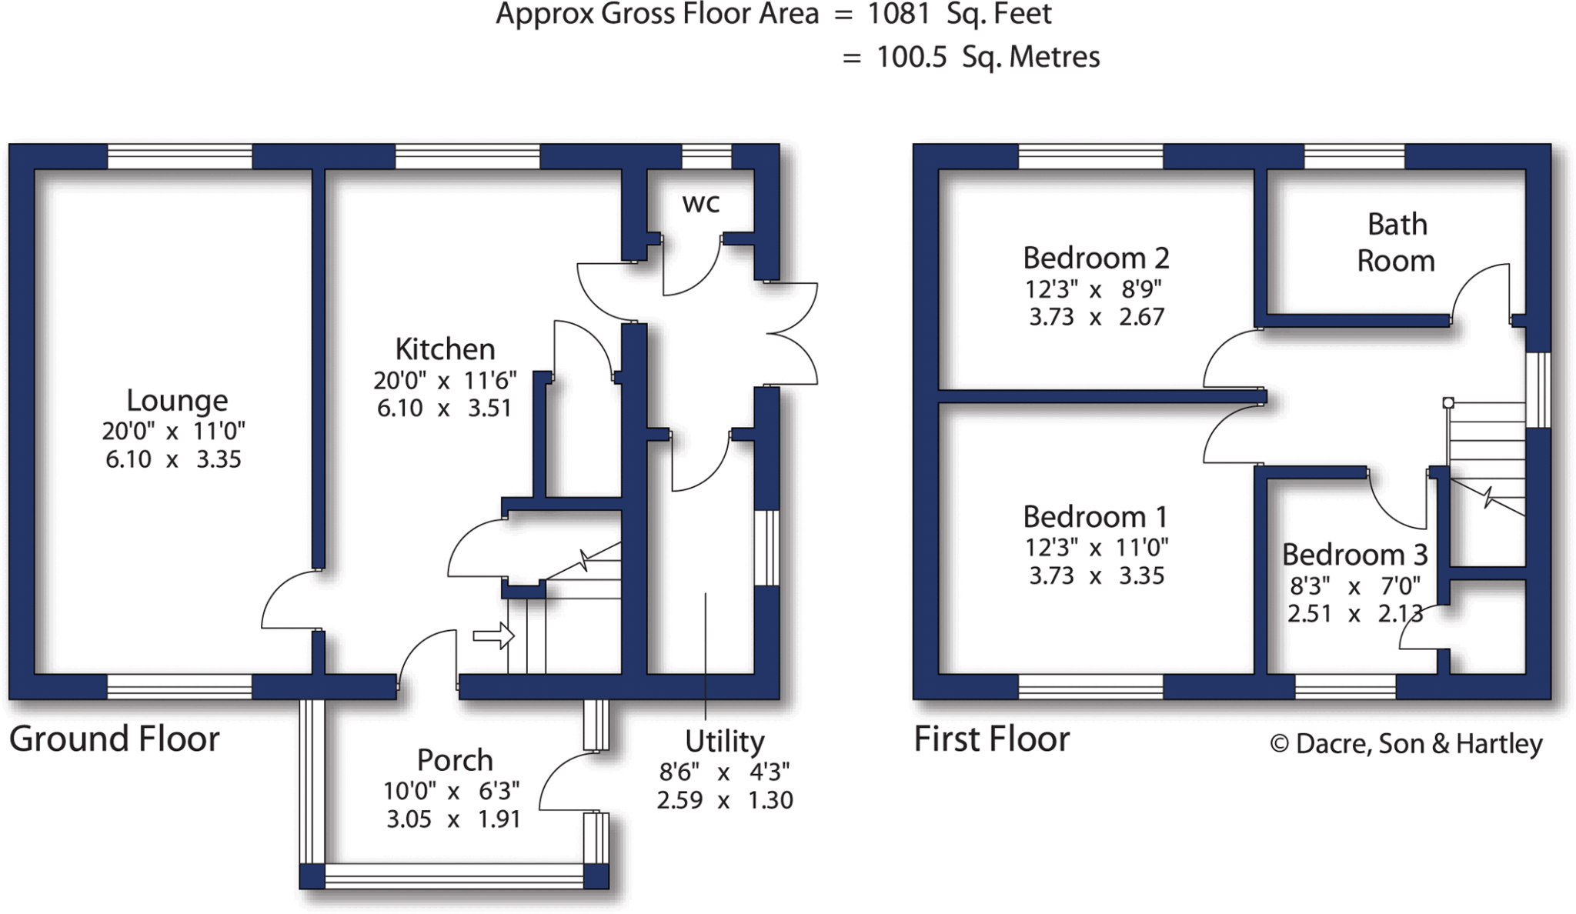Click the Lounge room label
pyautogui.click(x=177, y=401)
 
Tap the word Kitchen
pyautogui.click(x=445, y=349)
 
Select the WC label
pyautogui.click(x=701, y=204)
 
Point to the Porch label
pyautogui.click(x=455, y=760)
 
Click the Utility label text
pyautogui.click(x=725, y=742)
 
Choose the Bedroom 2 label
pyautogui.click(x=1096, y=259)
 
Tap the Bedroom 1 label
pyautogui.click(x=1096, y=517)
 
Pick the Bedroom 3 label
pyautogui.click(x=1354, y=555)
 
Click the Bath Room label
pyautogui.click(x=1396, y=242)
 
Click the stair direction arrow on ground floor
pyautogui.click(x=493, y=635)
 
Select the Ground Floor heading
pyautogui.click(x=114, y=739)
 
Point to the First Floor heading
pyautogui.click(x=991, y=739)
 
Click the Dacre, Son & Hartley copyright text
pyautogui.click(x=1406, y=744)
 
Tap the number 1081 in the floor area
pyautogui.click(x=900, y=15)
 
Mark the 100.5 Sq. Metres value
pyautogui.click(x=988, y=58)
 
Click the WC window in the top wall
pyautogui.click(x=706, y=156)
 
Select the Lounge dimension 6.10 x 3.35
pyautogui.click(x=173, y=460)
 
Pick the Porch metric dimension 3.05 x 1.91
pyautogui.click(x=453, y=819)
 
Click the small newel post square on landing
pyautogui.click(x=1448, y=402)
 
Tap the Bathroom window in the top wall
pyautogui.click(x=1354, y=156)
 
